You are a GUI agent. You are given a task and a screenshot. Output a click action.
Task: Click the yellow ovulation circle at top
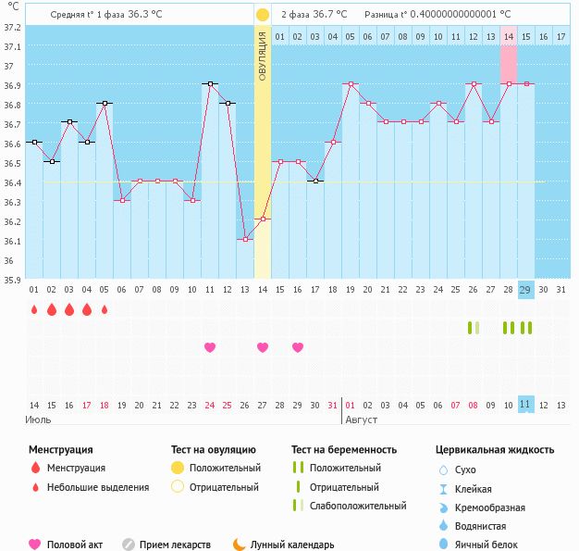(263, 15)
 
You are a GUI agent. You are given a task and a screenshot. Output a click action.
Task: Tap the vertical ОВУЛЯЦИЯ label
(263, 56)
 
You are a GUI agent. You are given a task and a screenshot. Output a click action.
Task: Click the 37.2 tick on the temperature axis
(12, 27)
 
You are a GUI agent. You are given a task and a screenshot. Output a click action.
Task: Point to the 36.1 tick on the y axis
(12, 241)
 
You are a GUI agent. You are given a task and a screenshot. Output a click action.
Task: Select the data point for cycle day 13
(245, 239)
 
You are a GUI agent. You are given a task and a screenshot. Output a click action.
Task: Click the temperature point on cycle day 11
(210, 83)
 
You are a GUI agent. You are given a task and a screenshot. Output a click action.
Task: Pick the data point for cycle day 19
(351, 83)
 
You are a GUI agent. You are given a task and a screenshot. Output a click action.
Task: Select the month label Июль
(38, 420)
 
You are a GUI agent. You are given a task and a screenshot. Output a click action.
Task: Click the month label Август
(361, 420)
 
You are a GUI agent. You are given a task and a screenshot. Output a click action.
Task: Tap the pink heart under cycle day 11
(210, 347)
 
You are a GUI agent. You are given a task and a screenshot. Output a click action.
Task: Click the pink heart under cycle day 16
(298, 347)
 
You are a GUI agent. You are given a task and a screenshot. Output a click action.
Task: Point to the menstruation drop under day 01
(34, 309)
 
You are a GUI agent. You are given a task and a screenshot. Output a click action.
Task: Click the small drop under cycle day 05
(105, 309)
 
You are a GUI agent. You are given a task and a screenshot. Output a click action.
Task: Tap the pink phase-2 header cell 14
(509, 36)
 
